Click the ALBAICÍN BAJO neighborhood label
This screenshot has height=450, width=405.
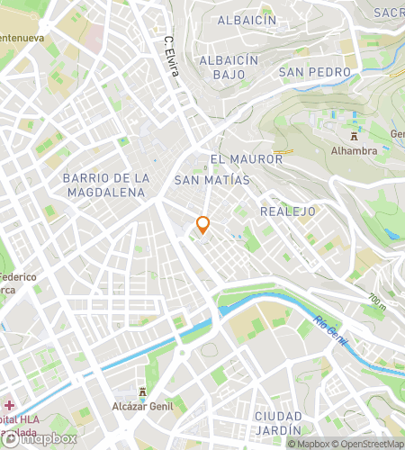click(x=229, y=67)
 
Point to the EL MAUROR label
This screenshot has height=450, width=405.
click(x=246, y=159)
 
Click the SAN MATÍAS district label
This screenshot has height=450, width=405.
click(x=211, y=181)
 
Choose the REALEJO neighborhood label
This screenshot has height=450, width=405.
click(x=286, y=211)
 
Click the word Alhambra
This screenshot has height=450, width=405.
click(x=355, y=151)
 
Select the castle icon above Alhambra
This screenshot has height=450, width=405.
click(x=355, y=136)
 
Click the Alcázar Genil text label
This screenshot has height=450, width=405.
click(x=142, y=406)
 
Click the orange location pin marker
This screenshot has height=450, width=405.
click(x=203, y=225)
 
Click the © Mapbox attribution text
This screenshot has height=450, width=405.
click(x=308, y=444)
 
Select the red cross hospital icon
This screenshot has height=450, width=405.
click(x=9, y=406)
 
